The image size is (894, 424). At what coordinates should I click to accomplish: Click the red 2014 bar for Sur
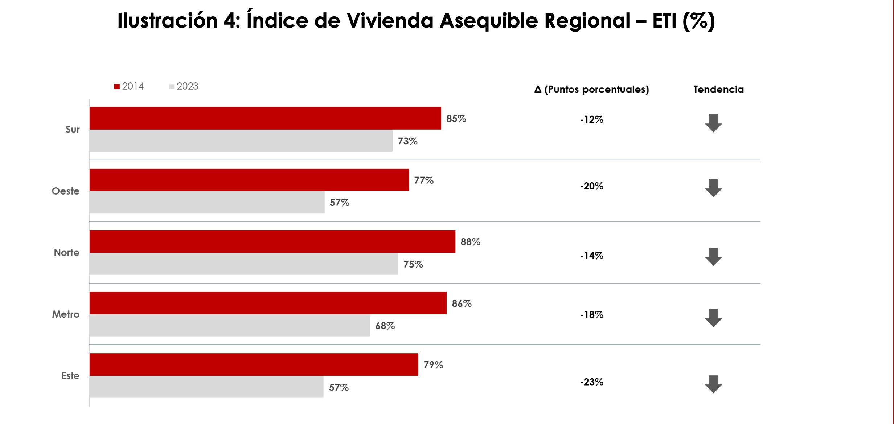265,118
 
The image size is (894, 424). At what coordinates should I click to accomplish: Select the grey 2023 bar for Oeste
207,202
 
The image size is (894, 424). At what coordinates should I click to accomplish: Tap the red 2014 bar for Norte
272,241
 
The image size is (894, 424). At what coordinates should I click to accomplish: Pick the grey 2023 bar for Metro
230,325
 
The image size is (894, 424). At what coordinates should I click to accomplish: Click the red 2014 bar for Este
254,364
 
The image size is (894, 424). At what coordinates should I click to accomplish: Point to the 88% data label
470,242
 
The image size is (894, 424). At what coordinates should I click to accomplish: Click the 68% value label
385,326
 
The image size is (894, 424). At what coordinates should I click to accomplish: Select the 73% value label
407,141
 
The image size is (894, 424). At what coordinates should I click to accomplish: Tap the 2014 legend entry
129,86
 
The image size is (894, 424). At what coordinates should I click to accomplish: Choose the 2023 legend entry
184,86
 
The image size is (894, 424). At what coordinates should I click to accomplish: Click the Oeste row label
66,191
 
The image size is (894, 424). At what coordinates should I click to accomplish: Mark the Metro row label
66,314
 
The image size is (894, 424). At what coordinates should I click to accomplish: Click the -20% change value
591,186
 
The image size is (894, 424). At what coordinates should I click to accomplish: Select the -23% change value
591,382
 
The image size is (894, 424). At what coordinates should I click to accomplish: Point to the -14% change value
591,256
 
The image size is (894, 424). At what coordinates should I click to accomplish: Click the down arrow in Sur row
713,123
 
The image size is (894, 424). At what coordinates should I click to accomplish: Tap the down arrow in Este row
713,384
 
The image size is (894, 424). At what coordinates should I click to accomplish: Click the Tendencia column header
718,89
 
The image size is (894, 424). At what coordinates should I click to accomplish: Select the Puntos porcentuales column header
591,89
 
